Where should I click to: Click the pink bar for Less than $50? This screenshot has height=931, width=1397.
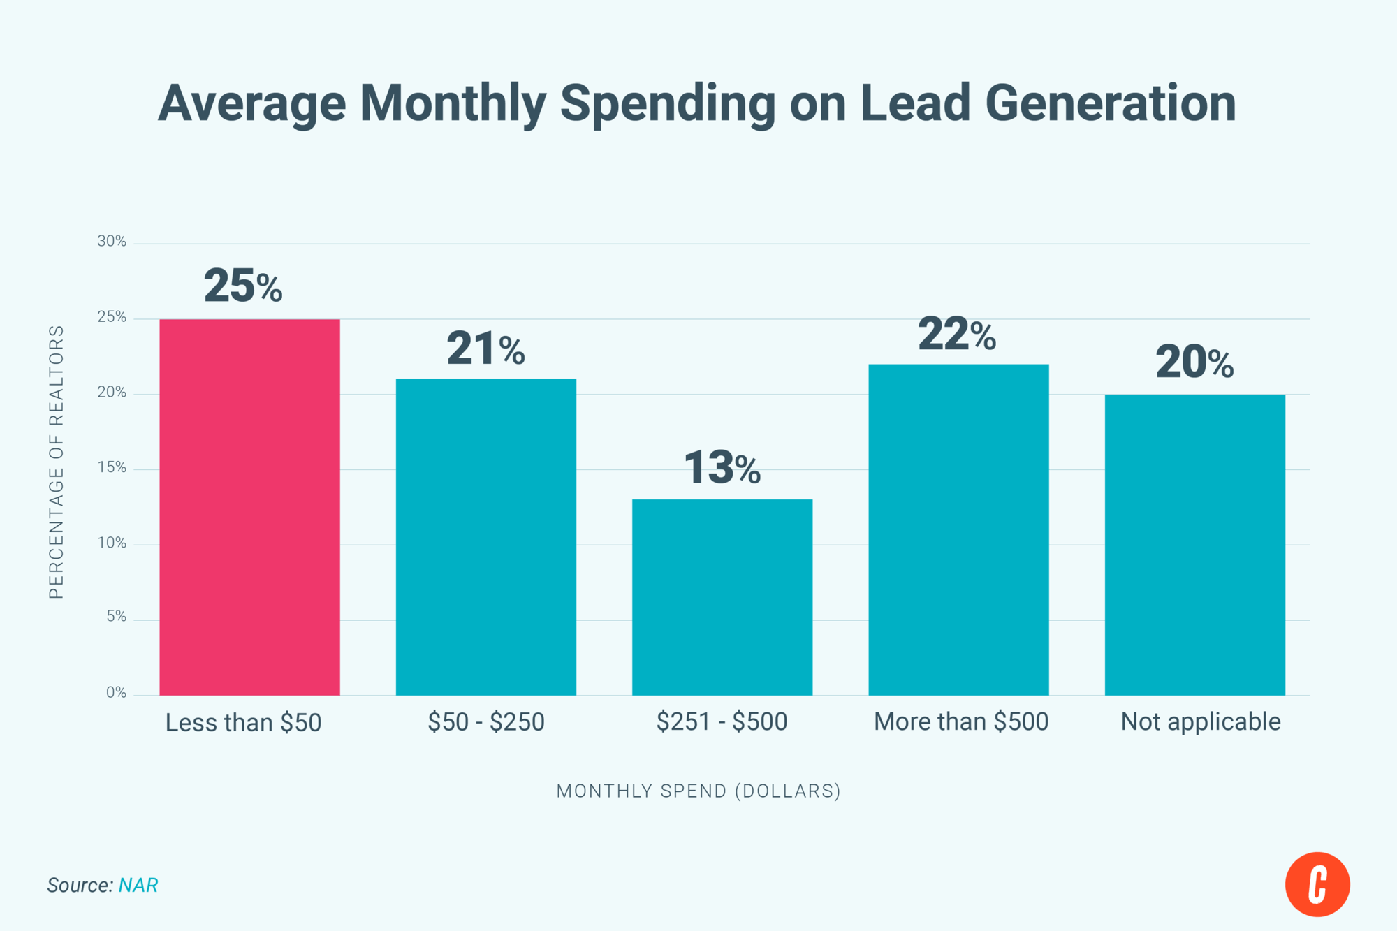click(x=249, y=507)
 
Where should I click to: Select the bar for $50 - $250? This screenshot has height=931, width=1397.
click(x=485, y=537)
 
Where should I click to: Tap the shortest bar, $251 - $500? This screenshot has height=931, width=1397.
click(x=722, y=597)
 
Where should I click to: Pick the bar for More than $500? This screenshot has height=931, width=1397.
click(x=958, y=529)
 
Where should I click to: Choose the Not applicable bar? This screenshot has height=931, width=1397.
click(x=1194, y=545)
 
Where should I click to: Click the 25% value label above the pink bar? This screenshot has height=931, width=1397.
click(x=243, y=286)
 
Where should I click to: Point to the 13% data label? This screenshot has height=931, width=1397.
click(x=722, y=467)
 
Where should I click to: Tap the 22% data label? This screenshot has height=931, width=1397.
click(x=957, y=334)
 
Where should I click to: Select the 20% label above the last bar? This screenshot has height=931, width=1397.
click(x=1194, y=362)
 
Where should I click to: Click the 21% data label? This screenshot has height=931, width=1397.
click(x=485, y=349)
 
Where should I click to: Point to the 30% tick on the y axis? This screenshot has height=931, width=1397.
click(x=112, y=242)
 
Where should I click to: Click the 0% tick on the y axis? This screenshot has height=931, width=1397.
click(x=116, y=693)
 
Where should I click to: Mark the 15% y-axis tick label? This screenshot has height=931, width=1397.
click(x=112, y=468)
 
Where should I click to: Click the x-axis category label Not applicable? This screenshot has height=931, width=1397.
click(x=1200, y=721)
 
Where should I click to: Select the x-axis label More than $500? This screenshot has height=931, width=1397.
click(x=961, y=721)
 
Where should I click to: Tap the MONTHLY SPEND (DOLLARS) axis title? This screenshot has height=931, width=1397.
click(x=698, y=791)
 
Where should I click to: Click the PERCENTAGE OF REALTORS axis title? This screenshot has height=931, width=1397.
click(x=57, y=462)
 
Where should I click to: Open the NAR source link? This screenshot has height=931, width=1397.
click(x=138, y=885)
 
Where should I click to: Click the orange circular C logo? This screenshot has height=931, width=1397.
click(x=1317, y=884)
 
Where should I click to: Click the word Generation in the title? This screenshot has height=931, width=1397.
click(x=1111, y=103)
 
